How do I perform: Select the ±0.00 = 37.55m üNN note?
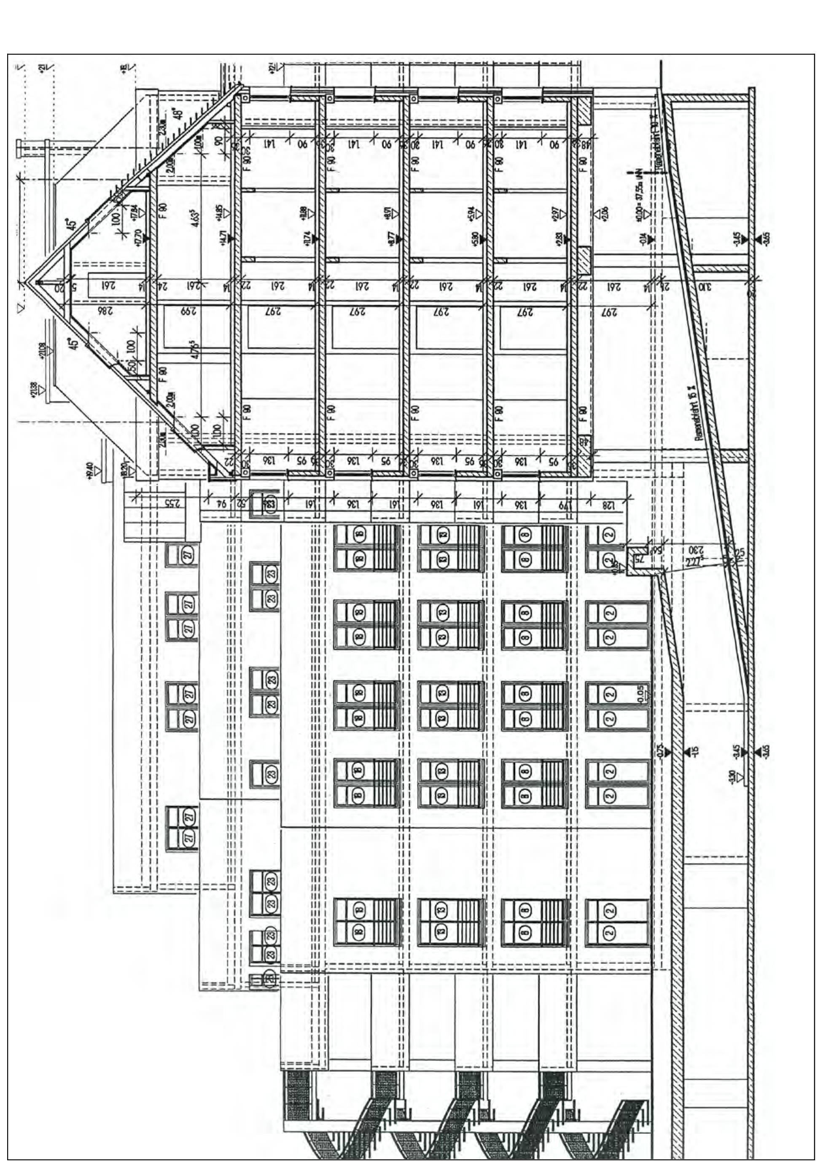pyautogui.click(x=640, y=195)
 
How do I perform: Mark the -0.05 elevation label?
pyautogui.click(x=641, y=693)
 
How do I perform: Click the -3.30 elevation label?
pyautogui.click(x=732, y=776)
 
